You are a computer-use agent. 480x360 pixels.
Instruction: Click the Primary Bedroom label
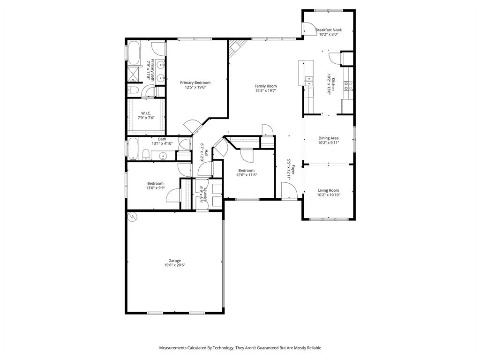pos(195,82)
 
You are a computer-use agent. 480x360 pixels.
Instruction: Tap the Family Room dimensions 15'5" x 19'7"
pos(266,91)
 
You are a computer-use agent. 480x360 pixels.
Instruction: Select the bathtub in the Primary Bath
pos(134,52)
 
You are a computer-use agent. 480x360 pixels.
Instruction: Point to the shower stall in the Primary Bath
pos(134,74)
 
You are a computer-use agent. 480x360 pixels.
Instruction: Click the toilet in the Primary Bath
pos(133,90)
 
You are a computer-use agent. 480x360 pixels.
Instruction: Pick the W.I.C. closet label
pos(146,112)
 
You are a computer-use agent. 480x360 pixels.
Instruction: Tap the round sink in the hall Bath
pos(164,156)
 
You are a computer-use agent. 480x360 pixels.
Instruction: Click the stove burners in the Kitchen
pos(349,85)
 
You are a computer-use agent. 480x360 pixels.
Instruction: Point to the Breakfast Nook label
pos(329,30)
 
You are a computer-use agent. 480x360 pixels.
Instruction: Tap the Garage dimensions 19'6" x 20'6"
pos(175,265)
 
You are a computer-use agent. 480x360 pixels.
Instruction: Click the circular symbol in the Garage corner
pos(133,217)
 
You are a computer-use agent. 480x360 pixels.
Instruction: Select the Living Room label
pos(328,190)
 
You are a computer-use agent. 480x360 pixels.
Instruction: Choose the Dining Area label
pos(328,138)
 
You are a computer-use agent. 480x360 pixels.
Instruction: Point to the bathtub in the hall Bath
pos(133,149)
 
